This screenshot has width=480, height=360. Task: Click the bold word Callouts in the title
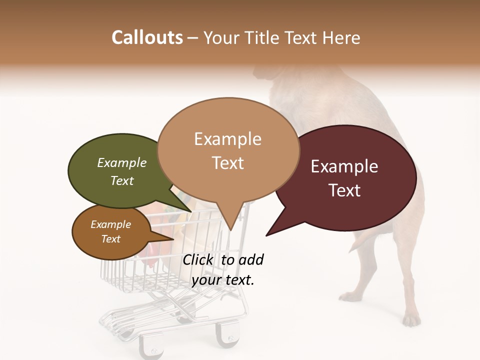click(147, 37)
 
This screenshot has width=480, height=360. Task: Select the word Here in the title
click(340, 37)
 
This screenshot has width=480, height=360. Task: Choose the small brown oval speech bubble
click(111, 232)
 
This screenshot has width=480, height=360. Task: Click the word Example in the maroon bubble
click(344, 166)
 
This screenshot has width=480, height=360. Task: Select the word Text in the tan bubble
click(228, 163)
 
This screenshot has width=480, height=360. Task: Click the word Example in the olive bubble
click(121, 163)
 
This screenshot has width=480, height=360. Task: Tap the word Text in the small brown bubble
click(111, 239)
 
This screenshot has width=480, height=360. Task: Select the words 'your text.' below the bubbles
click(222, 280)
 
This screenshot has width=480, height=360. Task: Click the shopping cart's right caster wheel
click(228, 337)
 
